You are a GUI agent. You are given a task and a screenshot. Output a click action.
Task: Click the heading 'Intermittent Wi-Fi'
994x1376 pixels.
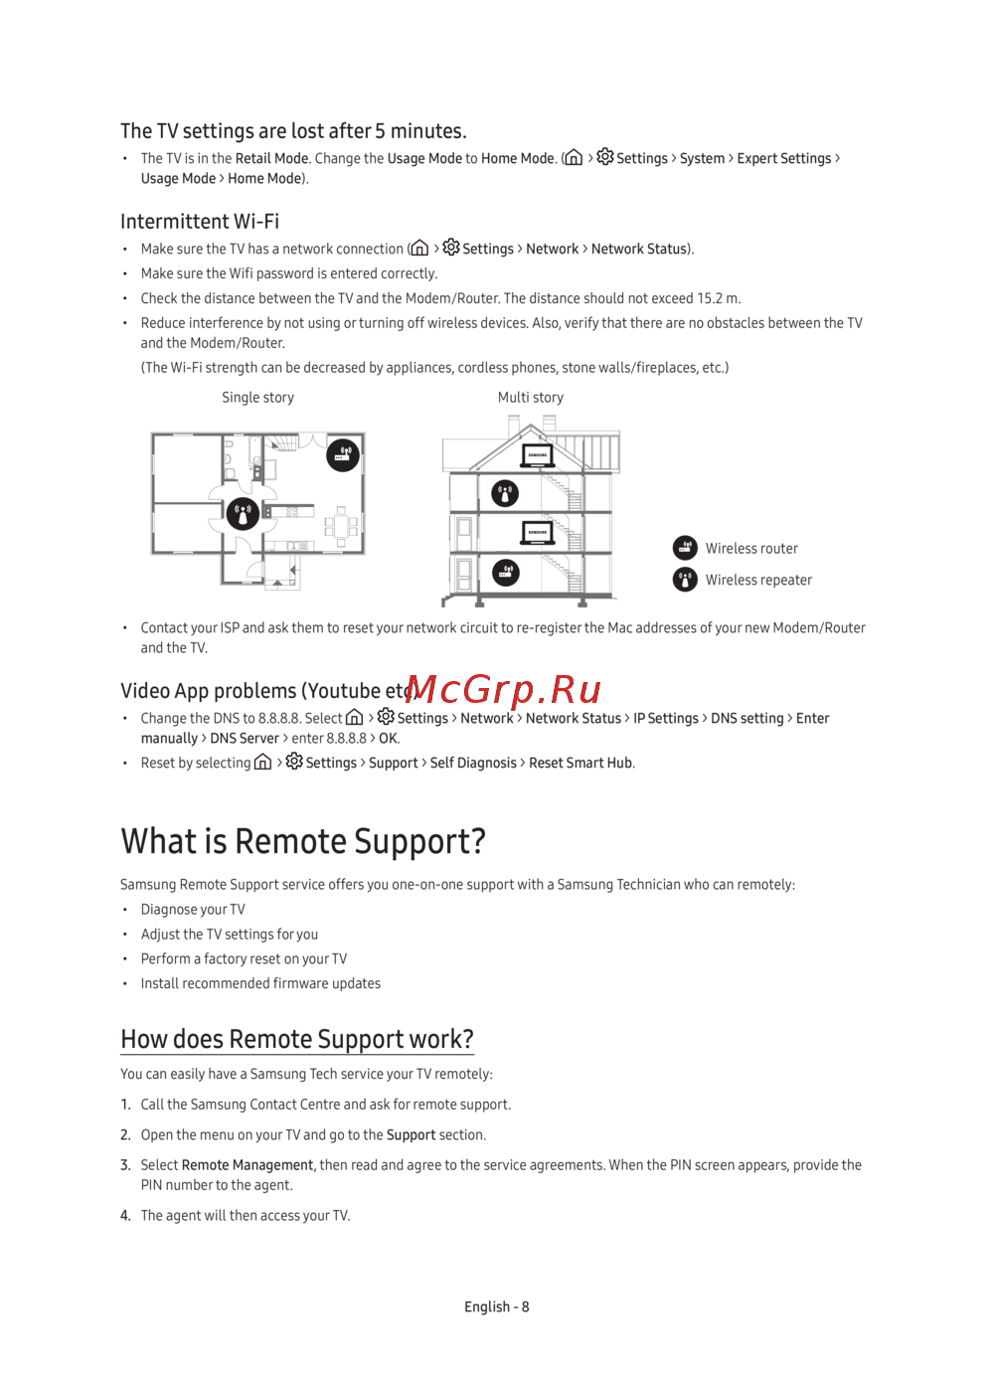pos(200,222)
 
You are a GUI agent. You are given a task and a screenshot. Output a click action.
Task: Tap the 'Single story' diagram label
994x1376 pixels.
pos(257,398)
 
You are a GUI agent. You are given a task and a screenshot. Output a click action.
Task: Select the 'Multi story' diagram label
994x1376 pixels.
pos(530,398)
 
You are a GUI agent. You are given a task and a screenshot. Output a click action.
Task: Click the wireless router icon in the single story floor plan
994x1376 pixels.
pos(343,455)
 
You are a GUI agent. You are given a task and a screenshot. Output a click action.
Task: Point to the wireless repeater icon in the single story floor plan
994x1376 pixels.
pos(243,514)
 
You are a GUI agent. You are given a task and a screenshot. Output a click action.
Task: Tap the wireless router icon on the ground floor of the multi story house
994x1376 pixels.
pos(506,573)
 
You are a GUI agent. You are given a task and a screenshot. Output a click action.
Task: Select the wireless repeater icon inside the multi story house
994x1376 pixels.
pos(505,493)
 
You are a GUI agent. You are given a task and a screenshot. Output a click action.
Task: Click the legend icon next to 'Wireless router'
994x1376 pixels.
pos(685,548)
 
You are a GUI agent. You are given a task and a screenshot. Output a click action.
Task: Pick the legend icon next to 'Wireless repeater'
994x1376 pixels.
pos(685,580)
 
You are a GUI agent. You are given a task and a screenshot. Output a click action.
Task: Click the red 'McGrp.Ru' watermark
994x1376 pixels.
pos(504,689)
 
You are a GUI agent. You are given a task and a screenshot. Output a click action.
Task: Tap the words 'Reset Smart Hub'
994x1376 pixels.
pos(580,764)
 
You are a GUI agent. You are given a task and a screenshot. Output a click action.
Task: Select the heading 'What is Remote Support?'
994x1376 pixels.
pos(303,841)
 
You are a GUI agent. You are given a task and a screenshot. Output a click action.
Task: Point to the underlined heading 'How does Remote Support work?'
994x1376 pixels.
pos(297,1039)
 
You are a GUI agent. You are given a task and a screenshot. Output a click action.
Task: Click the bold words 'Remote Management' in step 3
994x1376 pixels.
pos(247,1165)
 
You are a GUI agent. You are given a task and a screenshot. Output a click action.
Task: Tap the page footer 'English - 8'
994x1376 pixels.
pos(496,1307)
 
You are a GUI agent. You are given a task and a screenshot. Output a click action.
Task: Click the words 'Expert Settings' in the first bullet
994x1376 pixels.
pos(783,159)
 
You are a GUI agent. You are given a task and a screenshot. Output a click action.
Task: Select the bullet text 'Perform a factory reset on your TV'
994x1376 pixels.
pos(244,959)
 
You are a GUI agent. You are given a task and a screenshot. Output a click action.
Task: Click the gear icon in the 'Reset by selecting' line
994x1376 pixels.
pos(294,762)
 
